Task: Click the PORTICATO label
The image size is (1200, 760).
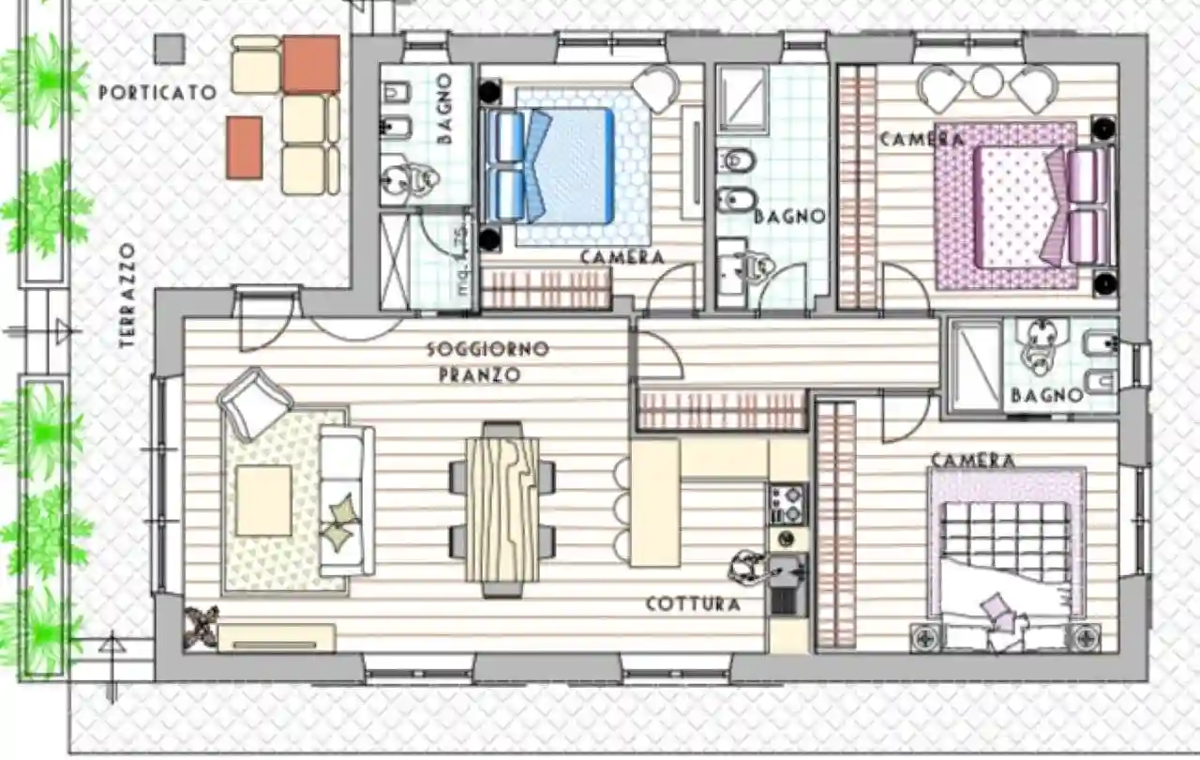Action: (x=157, y=92)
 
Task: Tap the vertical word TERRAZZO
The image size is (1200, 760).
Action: (x=127, y=296)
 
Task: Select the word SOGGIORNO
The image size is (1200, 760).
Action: (x=487, y=349)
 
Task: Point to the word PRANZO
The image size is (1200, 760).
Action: (x=480, y=375)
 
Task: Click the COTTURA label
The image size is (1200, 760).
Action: (x=693, y=604)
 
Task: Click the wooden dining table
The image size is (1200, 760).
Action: (x=503, y=508)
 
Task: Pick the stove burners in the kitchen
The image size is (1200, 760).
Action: (x=787, y=503)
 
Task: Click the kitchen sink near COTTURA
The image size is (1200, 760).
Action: (x=787, y=569)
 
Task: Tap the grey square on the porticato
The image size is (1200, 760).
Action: (x=170, y=49)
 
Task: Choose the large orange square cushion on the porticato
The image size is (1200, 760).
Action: (x=311, y=64)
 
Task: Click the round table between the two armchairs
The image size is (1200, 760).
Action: (x=987, y=82)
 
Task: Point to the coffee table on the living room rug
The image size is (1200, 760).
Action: (x=263, y=500)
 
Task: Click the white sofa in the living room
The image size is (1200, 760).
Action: (x=347, y=500)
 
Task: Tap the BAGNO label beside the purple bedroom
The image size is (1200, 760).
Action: (x=1047, y=395)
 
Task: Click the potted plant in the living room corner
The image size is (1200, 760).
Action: (x=202, y=627)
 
